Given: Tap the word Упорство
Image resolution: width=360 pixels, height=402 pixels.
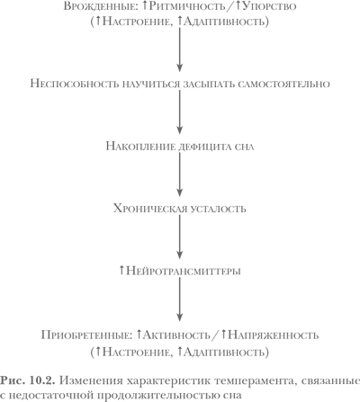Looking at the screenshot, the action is (269, 6).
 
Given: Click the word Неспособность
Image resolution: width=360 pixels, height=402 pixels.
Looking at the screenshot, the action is (75, 84).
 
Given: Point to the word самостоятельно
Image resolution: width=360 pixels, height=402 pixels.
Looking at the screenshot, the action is (283, 84).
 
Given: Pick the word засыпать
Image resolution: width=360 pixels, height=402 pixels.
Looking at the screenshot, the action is (209, 84).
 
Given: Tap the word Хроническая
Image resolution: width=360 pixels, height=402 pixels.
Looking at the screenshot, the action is (150, 209).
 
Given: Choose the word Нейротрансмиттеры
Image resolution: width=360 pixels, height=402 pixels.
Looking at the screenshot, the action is (184, 271).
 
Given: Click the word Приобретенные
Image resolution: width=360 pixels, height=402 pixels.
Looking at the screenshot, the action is (86, 335).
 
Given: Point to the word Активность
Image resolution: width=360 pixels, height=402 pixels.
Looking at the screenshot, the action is (176, 335).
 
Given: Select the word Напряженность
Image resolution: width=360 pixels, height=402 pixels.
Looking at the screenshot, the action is (274, 335).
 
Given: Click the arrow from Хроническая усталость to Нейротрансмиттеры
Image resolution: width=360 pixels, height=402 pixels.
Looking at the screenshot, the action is (179, 237).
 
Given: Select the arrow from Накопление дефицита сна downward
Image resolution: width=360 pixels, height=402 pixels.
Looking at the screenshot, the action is (179, 174).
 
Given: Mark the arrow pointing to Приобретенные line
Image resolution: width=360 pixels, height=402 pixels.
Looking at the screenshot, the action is (179, 299).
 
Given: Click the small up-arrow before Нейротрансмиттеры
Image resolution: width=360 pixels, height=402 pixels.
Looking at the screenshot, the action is (121, 271).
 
